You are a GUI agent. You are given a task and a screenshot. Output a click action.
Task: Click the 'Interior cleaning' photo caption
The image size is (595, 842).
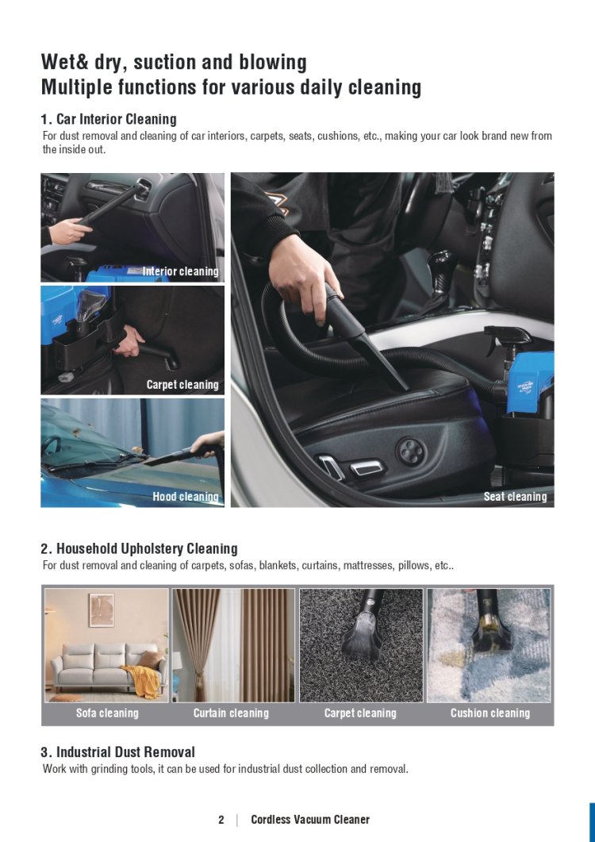tap(180, 271)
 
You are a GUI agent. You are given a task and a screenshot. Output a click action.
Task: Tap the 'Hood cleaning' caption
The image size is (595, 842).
tap(186, 496)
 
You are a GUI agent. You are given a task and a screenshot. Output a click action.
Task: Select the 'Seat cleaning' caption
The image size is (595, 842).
tap(515, 496)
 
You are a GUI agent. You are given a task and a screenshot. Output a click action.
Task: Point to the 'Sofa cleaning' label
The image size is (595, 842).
tap(107, 713)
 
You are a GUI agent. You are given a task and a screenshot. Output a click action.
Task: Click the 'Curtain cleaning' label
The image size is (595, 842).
tap(231, 713)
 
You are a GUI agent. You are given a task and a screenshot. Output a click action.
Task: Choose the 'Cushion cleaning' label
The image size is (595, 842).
tap(489, 713)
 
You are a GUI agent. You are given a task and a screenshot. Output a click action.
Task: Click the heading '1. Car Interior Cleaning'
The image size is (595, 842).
tap(109, 119)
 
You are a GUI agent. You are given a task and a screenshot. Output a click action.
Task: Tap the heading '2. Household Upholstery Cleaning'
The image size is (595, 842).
tap(139, 548)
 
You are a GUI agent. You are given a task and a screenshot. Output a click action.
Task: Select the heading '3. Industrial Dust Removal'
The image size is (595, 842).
tap(117, 752)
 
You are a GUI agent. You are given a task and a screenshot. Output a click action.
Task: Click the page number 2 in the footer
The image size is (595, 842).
tap(221, 820)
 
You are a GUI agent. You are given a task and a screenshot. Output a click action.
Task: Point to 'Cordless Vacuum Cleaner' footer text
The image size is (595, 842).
tap(310, 820)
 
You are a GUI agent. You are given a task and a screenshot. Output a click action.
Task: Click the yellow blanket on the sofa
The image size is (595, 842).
tap(141, 679)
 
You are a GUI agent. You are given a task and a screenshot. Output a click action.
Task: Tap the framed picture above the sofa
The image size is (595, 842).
tap(102, 610)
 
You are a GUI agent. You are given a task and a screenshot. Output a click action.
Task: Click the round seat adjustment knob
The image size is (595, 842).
tap(410, 451)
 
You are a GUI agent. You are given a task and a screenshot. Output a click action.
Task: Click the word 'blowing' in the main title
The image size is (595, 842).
tap(274, 62)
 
